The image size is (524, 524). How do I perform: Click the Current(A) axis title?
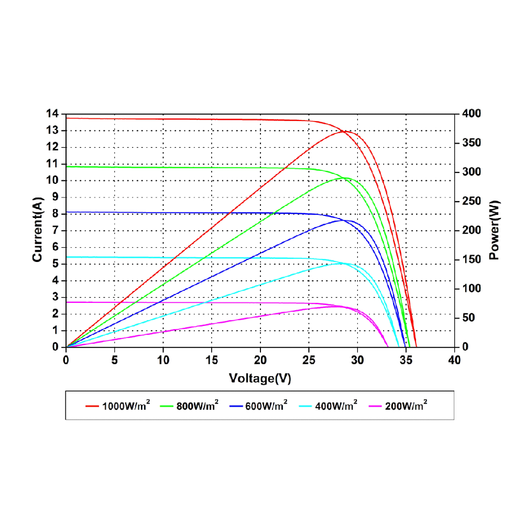37,231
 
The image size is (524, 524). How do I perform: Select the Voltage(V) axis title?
260,378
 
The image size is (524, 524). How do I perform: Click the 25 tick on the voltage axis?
309,360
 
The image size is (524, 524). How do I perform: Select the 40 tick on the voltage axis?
455,360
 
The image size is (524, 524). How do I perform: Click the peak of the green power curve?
345,178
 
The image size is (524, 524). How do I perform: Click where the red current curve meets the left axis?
67,118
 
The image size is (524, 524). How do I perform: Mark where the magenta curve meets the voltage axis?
388,347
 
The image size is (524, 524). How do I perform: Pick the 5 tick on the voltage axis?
115,360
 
